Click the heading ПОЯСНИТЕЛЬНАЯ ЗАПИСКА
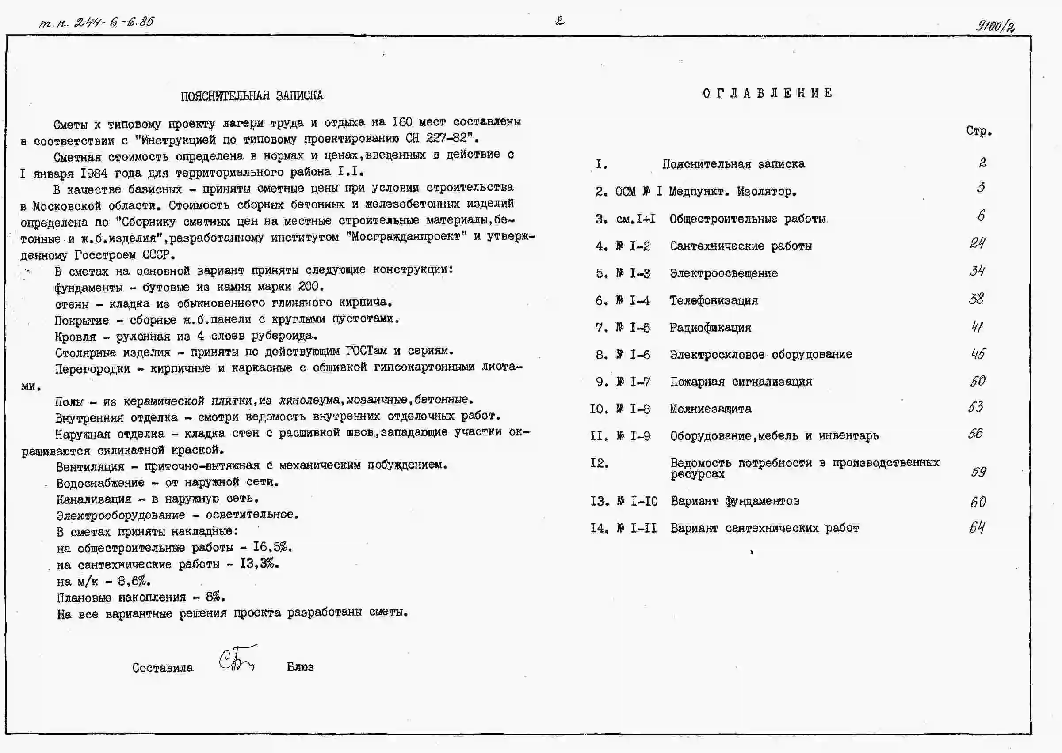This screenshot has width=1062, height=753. [x=252, y=95]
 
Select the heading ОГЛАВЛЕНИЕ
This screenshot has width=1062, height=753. [x=767, y=93]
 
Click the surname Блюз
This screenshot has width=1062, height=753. [x=300, y=667]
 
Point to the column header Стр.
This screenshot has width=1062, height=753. [x=979, y=131]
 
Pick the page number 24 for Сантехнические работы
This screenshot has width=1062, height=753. [x=978, y=243]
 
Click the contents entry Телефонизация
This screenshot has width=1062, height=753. [x=714, y=300]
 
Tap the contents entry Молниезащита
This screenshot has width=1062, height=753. [x=710, y=409]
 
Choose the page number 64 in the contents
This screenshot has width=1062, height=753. [x=977, y=528]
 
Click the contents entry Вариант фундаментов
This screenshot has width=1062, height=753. [x=735, y=501]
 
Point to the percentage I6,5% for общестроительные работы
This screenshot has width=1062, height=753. [x=272, y=547]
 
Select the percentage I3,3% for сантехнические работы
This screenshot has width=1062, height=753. [x=259, y=564]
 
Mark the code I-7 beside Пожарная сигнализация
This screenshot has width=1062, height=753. [x=640, y=382]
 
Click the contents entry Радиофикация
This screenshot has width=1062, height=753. [x=710, y=328]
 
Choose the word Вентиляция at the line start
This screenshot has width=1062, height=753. [x=90, y=466]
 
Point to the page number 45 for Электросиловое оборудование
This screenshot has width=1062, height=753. [x=978, y=354]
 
